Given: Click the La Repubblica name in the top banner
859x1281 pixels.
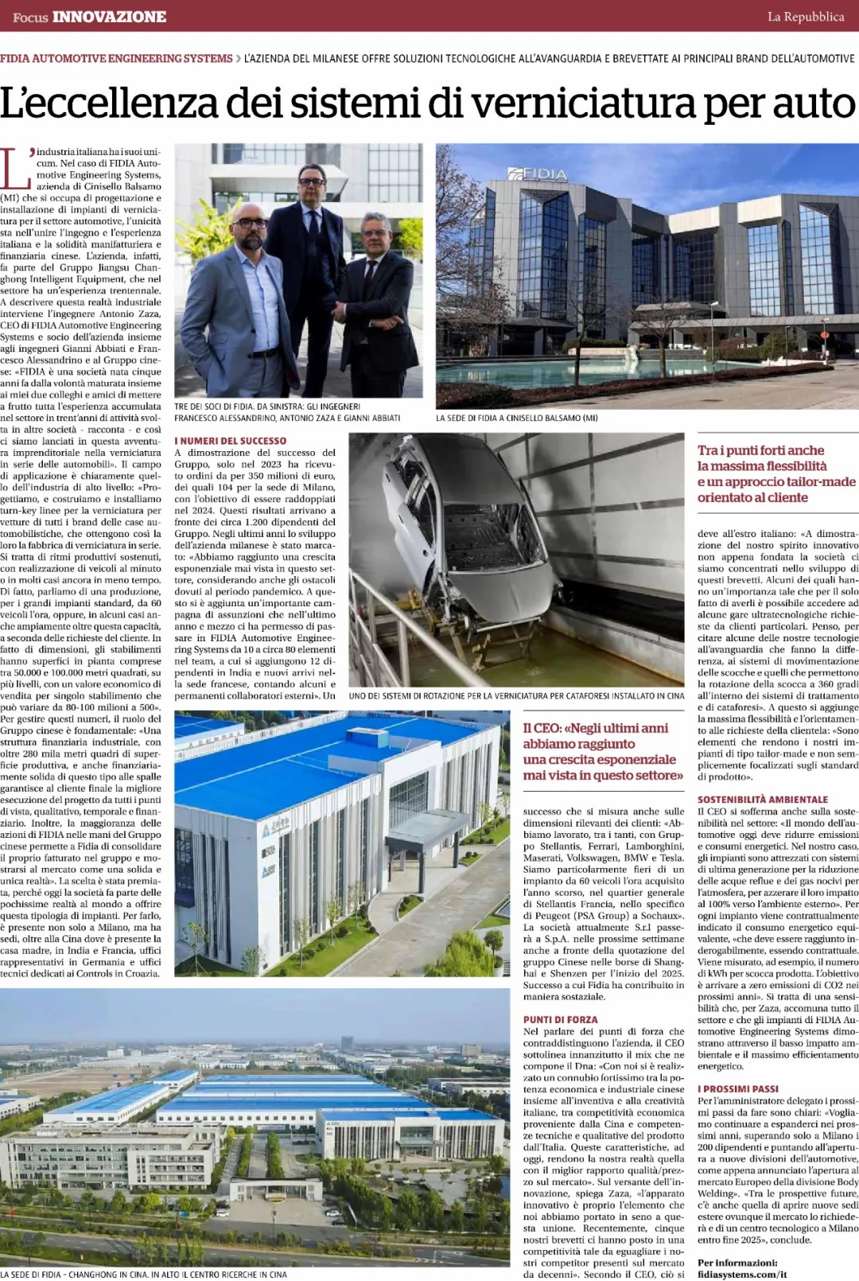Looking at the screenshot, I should pos(805,17).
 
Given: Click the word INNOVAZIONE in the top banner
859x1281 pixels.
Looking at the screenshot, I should pos(109,17).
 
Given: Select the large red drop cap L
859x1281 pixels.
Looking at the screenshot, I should pos(16,169).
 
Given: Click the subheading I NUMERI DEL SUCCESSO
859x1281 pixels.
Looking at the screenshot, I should pos(231,441).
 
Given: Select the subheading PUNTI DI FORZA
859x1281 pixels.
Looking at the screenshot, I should pos(560,1019).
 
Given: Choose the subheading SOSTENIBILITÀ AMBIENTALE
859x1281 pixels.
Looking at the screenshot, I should pos(762,800).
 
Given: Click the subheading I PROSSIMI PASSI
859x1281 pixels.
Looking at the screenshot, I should pos(737,1088).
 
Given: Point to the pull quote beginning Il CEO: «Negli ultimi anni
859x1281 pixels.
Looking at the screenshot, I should pos(603,751).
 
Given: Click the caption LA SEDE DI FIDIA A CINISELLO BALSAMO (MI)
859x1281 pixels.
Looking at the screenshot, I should pos(516,418).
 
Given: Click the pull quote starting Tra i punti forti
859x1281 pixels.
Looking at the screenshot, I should pos(776,473).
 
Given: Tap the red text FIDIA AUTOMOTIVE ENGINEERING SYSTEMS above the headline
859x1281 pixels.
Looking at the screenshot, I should pos(116,59).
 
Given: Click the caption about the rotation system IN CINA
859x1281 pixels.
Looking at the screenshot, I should pos(516,695).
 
